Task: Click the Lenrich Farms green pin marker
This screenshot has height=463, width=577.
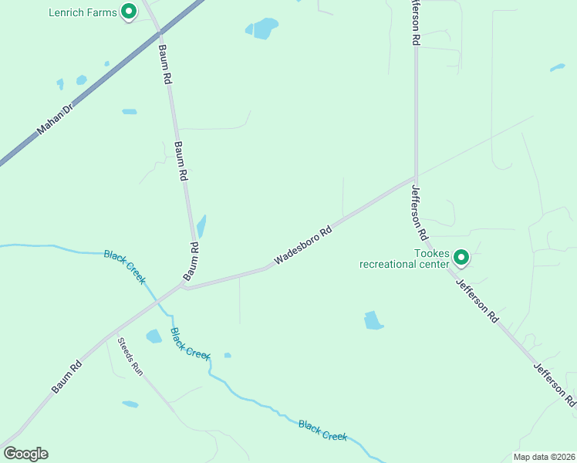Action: tap(129, 12)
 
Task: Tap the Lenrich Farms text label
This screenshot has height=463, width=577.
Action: tap(83, 12)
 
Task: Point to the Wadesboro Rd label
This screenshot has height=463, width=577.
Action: tap(303, 245)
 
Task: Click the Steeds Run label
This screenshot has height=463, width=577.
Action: tap(130, 356)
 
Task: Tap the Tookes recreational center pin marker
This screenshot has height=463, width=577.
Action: tap(461, 257)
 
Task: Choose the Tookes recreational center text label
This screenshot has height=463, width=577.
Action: tap(404, 259)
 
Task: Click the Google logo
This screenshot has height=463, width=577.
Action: tap(25, 454)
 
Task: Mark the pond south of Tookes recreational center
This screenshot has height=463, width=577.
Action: tap(373, 320)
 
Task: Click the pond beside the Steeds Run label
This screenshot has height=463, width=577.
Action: tap(154, 336)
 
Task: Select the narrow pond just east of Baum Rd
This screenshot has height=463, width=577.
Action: tap(202, 226)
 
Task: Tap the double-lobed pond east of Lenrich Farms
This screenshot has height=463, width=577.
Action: tap(263, 29)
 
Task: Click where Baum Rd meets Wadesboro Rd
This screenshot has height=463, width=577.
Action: tap(184, 286)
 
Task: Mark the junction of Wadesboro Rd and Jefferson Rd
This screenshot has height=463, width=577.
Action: tap(416, 177)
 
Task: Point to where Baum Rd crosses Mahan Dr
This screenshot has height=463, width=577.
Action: tap(160, 32)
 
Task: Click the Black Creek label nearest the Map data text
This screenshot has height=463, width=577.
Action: tap(322, 431)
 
